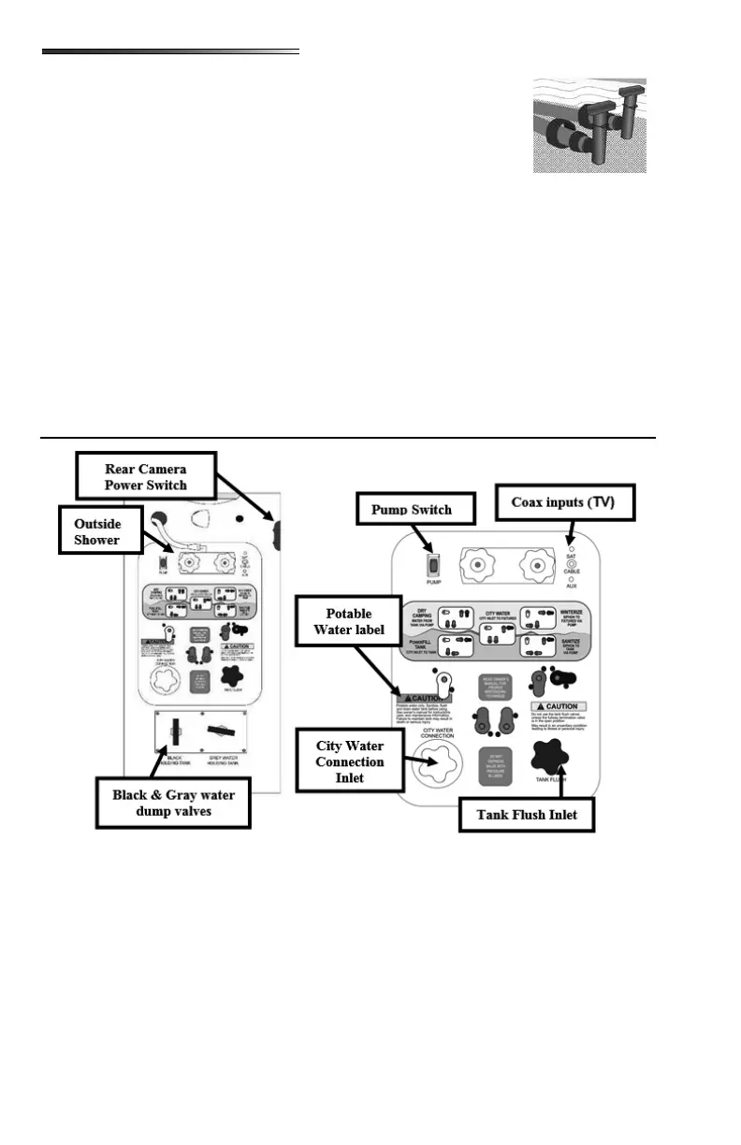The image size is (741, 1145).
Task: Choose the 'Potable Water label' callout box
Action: coord(349,622)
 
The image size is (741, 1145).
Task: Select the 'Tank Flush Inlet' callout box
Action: coord(527,814)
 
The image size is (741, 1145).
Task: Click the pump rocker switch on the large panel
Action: coord(432,565)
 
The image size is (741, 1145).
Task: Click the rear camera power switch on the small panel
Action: coord(278,536)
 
